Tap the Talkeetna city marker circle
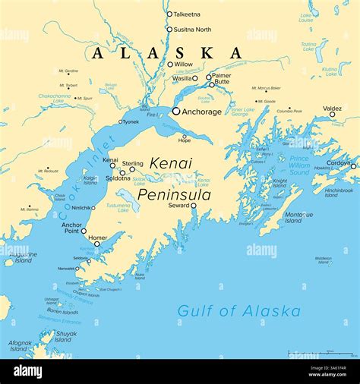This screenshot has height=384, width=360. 169,14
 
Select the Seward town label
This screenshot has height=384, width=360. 178,205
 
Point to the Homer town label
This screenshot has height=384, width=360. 98,237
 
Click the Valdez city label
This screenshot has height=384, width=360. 332,109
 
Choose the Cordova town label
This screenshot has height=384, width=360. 338,162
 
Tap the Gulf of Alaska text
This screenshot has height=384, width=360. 238,311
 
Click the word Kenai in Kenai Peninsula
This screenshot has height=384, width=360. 171,163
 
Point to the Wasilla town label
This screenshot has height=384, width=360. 182,77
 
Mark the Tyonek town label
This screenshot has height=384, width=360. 130,121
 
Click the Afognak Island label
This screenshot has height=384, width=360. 20,345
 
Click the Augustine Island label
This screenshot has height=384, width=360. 23,258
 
